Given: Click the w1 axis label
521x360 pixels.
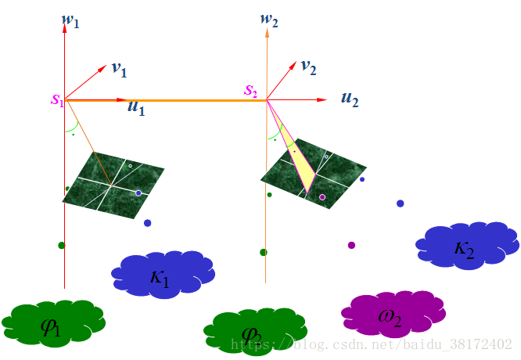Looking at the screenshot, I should point(71,20).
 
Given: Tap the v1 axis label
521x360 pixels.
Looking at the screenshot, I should point(119,70).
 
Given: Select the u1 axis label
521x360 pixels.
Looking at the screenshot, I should point(136,108).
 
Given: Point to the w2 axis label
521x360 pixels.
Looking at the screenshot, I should point(270,17).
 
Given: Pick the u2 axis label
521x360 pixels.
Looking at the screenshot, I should point(349,99).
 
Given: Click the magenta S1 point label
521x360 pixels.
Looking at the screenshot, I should point(57,99).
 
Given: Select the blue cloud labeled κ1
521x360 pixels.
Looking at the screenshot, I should point(162,273).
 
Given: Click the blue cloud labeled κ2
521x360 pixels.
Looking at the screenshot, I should point(466,246).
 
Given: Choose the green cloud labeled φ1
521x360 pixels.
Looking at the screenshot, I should point(52,321).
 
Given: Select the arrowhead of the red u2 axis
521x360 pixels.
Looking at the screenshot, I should point(322,100).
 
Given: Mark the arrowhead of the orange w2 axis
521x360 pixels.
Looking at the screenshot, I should point(267,31).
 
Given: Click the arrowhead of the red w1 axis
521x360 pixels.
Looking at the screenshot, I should point(64,23).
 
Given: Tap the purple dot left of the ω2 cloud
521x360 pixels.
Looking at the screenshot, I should point(351,245).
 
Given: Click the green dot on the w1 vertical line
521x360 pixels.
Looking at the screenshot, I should point(61,245).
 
